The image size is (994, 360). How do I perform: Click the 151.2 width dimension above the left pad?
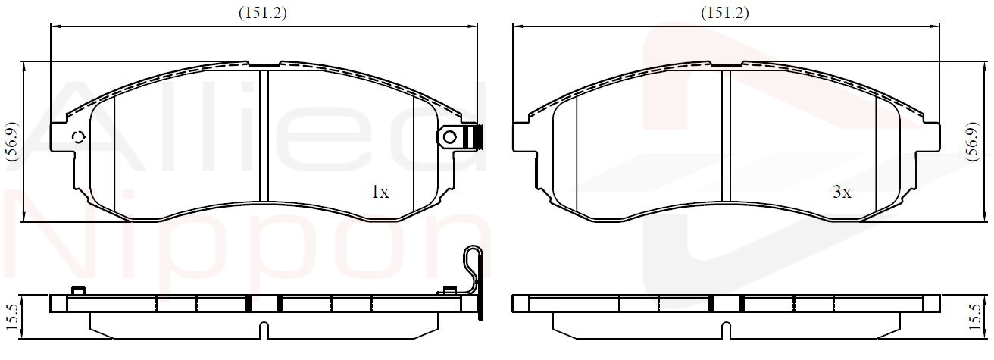(x=263, y=13)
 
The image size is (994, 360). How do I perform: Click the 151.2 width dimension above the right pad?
(x=724, y=13)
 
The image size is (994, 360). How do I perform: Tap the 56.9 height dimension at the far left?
(x=12, y=141)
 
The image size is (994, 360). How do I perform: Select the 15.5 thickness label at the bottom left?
(x=12, y=318)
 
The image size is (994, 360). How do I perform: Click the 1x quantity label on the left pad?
(x=380, y=193)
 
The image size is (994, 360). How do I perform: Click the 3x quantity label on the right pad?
(x=842, y=193)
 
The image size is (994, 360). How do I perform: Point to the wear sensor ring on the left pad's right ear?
(x=450, y=136)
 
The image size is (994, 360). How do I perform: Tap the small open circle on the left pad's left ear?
(x=80, y=136)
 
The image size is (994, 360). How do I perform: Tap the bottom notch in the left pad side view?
(x=264, y=330)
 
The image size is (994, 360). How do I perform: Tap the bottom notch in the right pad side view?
(x=726, y=330)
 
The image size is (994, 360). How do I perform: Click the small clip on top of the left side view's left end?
(x=77, y=291)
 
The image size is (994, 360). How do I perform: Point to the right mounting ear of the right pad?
(x=928, y=137)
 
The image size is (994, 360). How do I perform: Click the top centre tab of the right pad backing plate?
(x=727, y=64)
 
